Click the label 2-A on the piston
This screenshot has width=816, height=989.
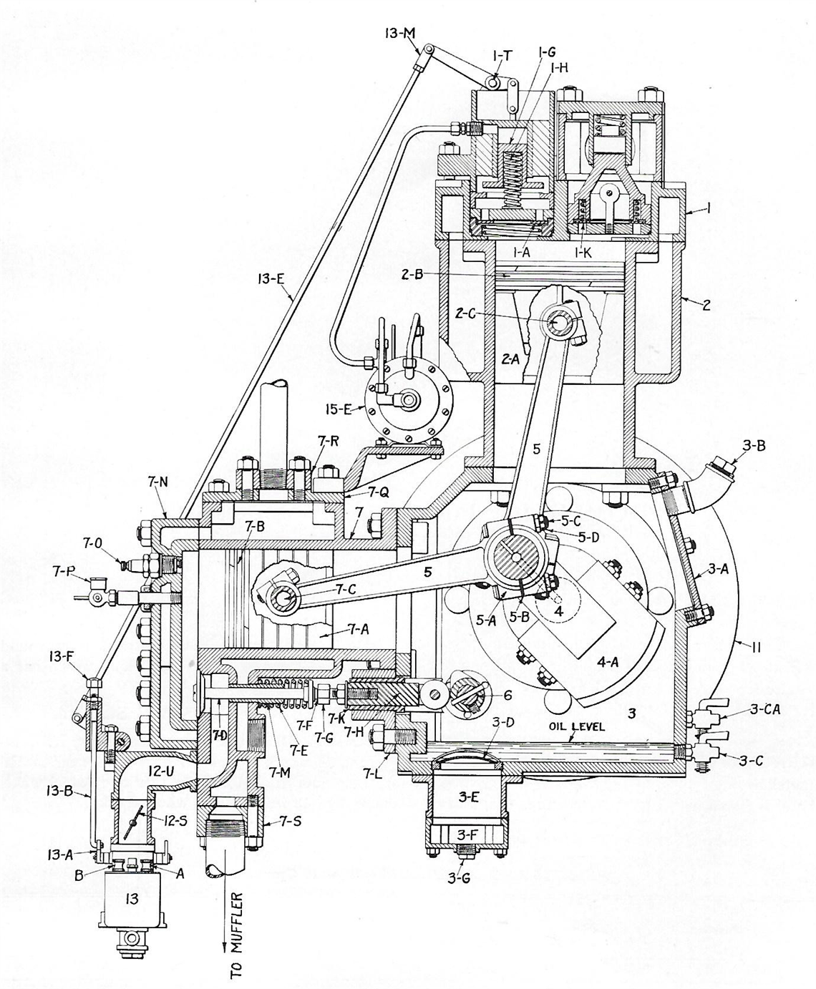(510, 361)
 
